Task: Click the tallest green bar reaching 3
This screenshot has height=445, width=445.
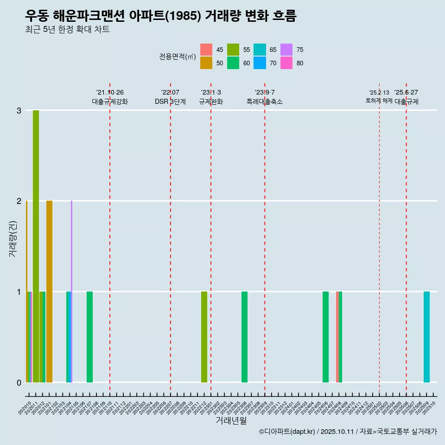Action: pos(36,246)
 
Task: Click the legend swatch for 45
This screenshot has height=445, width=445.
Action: pos(206,50)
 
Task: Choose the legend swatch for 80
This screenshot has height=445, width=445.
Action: pos(286,63)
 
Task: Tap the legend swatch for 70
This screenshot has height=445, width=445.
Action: pos(260,63)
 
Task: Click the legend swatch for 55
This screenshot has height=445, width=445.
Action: pos(233,50)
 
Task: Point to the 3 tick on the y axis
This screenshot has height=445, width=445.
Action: pos(19,110)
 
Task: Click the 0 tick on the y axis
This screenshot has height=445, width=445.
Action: pos(19,382)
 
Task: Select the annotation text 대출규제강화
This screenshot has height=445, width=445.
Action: pos(109,102)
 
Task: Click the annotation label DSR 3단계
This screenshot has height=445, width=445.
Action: pos(170,102)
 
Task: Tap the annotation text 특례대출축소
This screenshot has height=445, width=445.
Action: pos(264,102)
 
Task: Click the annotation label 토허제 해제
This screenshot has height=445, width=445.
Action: pos(379,101)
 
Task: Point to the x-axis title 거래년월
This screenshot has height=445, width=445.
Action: pos(231,420)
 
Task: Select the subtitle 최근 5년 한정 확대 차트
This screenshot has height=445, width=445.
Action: pos(68,30)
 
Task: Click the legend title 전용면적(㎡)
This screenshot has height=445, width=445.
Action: pos(177,57)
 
